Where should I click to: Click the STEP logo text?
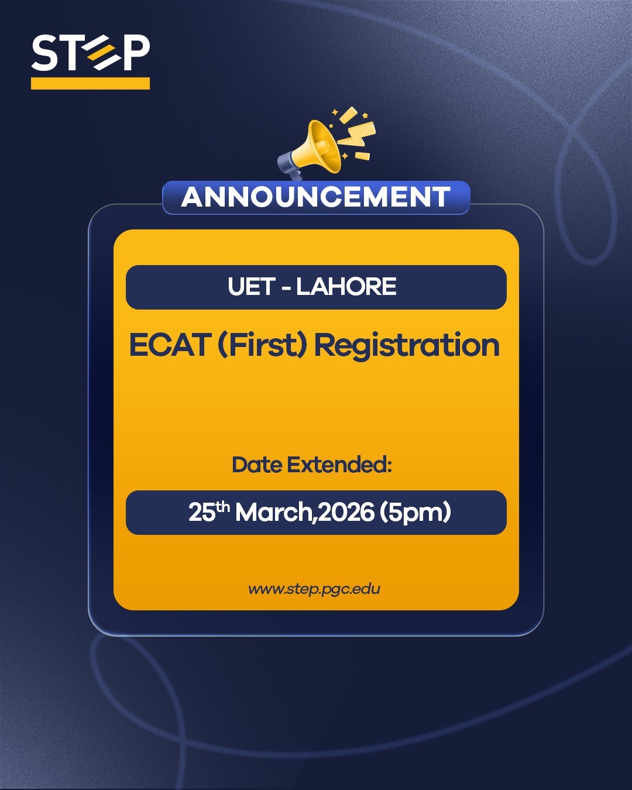pyautogui.click(x=91, y=53)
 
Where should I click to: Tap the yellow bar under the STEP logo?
pyautogui.click(x=90, y=83)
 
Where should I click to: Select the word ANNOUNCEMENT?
pyautogui.click(x=316, y=197)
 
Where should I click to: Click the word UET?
pyautogui.click(x=251, y=287)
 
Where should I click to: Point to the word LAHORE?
pyautogui.click(x=346, y=287)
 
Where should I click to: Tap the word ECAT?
pyautogui.click(x=170, y=345)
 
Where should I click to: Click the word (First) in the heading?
pyautogui.click(x=262, y=345)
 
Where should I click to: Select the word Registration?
pyautogui.click(x=407, y=345)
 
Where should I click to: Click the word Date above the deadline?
pyautogui.click(x=257, y=465)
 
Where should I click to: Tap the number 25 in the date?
pyautogui.click(x=202, y=513)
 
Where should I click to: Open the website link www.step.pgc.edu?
pyautogui.click(x=314, y=589)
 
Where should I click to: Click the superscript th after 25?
pyautogui.click(x=222, y=507)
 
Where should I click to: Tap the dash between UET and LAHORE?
pyautogui.click(x=286, y=287)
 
